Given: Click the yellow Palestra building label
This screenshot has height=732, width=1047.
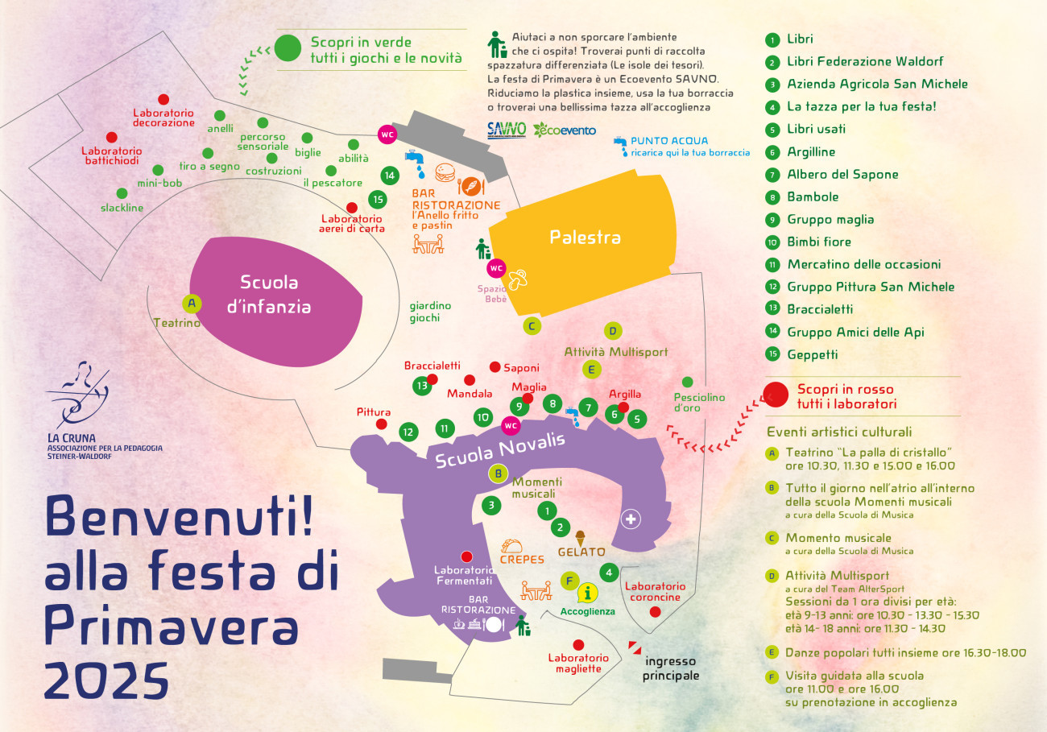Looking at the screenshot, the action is tap(585, 237).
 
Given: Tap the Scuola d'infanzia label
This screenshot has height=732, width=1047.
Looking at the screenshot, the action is tap(269, 295).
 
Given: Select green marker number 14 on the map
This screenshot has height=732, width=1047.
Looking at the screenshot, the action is tap(389, 176).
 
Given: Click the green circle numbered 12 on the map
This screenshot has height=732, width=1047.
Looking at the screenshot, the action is tap(408, 432).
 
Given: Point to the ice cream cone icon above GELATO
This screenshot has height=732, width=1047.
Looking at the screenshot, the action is tap(580, 538).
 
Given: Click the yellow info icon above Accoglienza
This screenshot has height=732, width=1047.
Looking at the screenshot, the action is tap(588, 593).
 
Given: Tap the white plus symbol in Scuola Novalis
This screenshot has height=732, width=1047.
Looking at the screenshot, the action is tap(631, 519).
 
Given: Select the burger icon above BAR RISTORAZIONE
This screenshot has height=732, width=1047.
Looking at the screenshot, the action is tap(445, 172).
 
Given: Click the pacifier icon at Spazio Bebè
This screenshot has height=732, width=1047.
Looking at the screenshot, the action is tap(517, 279).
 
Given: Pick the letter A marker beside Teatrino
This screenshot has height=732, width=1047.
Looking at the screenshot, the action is tap(192, 304).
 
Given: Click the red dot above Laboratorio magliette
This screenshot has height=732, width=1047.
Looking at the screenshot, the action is tap(578, 645).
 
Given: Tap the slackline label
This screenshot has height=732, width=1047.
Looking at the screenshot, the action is tap(122, 208).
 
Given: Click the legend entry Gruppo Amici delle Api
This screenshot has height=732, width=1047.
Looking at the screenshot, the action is tap(855, 332).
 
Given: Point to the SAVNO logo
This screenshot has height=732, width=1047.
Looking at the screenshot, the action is tap(507, 130).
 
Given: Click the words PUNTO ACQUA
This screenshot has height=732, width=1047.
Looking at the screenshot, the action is tap(669, 141).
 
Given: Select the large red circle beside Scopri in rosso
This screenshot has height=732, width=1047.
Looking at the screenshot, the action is tap(776, 395).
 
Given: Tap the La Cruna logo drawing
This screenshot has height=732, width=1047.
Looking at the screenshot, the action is tap(79, 394).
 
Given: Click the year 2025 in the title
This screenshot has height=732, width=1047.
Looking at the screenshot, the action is tap(106, 680).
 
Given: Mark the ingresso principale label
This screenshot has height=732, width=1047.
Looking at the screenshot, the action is tap(671, 668).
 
